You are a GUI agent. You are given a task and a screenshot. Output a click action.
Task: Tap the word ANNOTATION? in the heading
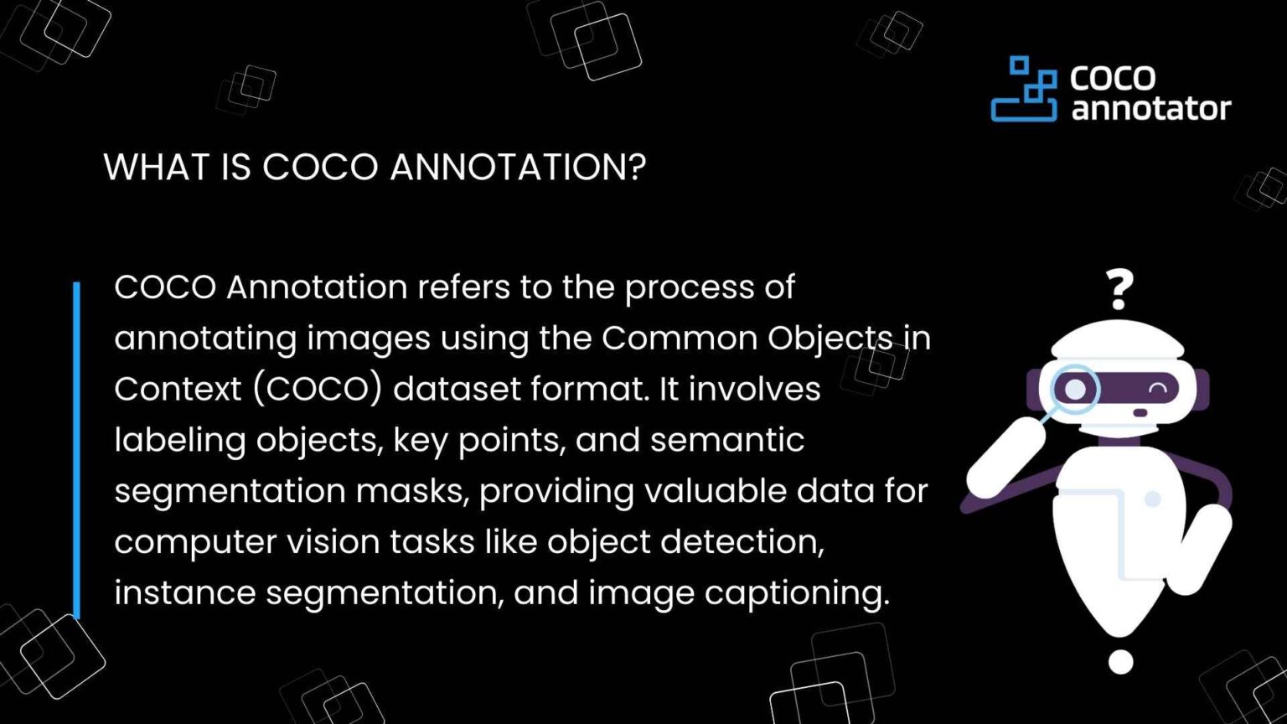518,167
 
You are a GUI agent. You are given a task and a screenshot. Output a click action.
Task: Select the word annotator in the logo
1150,108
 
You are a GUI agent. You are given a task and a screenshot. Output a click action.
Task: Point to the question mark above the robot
1119,289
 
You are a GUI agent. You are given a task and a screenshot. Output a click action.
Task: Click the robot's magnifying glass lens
1075,389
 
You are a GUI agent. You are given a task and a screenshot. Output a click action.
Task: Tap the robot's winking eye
1158,389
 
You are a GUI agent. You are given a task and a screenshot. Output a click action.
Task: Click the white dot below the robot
1120,662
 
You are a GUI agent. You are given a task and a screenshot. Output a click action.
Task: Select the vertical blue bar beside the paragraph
76,450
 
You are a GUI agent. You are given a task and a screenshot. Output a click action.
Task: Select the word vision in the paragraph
333,542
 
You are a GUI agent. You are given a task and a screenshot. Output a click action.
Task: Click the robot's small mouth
1140,412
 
